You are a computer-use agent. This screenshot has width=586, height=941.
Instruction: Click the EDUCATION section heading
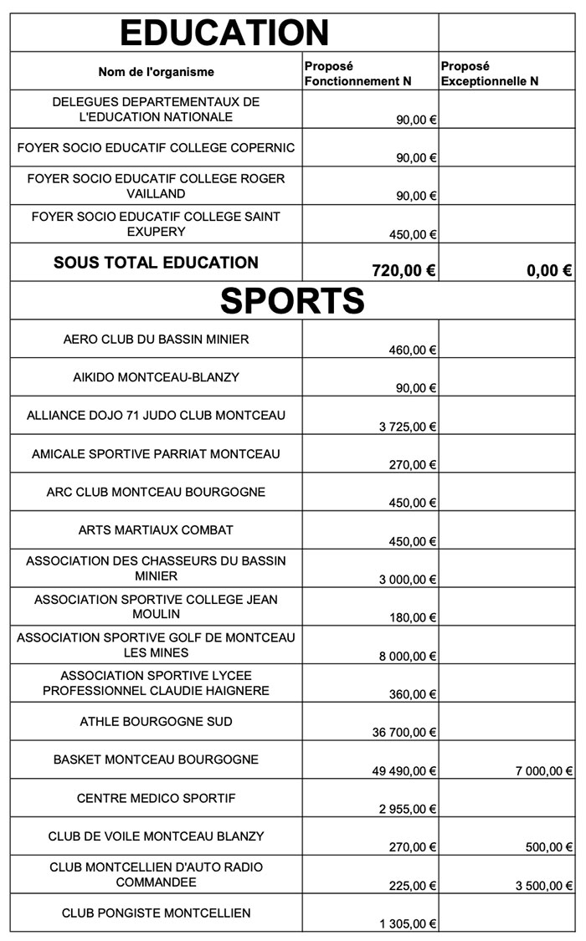coord(224,33)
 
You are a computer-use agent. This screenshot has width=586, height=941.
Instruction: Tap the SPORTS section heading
coord(292,300)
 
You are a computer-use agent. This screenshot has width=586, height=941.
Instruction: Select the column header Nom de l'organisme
coord(157,72)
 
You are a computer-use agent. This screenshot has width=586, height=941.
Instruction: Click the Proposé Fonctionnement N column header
coord(357,74)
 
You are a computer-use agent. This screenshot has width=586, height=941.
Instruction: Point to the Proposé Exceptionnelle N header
coord(489,74)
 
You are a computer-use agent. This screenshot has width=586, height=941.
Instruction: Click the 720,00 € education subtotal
coord(404,270)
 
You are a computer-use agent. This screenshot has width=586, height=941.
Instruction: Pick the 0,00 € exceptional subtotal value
coord(549,270)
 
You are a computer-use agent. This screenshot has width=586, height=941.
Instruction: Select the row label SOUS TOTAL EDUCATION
coord(157,263)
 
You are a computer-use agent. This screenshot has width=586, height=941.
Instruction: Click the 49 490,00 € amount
coord(404,771)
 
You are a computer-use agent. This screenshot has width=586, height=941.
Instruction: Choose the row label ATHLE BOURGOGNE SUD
coord(157,721)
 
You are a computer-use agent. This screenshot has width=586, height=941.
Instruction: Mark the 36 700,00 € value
coord(404,733)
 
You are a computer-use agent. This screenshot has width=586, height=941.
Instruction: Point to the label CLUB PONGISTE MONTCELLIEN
coord(157,913)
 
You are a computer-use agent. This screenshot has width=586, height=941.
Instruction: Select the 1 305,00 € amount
coord(408,924)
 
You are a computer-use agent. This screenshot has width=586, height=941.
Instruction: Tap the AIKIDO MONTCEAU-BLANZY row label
coord(157,377)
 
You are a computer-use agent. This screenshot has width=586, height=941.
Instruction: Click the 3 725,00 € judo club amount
coord(408,427)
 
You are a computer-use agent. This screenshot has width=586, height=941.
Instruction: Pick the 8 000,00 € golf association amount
coord(408,657)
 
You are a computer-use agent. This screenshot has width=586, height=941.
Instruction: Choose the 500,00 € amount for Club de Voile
coord(550,847)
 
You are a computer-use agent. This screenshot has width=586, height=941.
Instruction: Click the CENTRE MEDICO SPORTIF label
coord(157,798)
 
